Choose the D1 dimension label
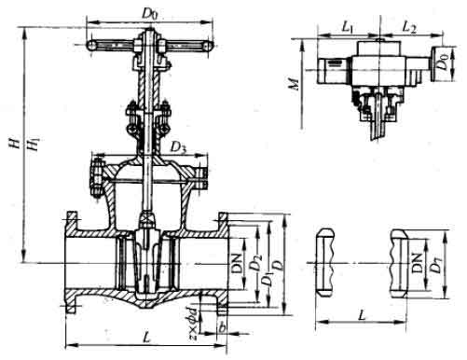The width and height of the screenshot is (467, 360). point(266,277)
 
